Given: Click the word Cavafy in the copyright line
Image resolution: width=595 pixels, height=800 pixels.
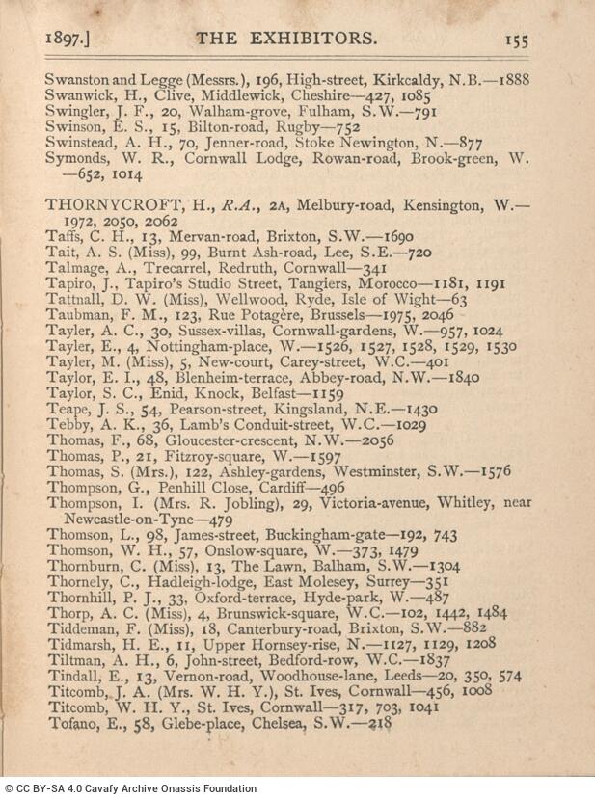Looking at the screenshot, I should (x=108, y=788).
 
